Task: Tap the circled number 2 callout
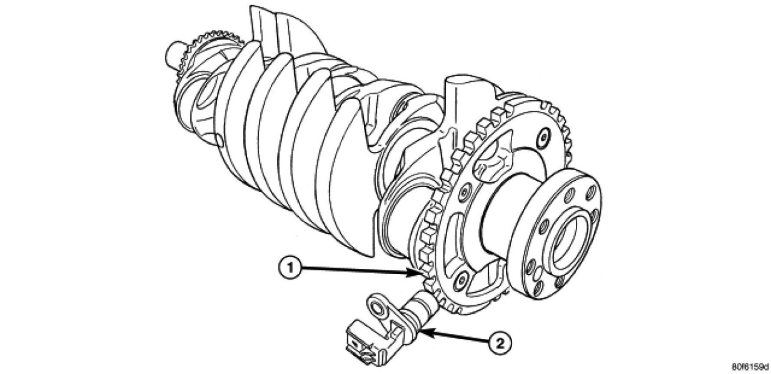499,343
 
